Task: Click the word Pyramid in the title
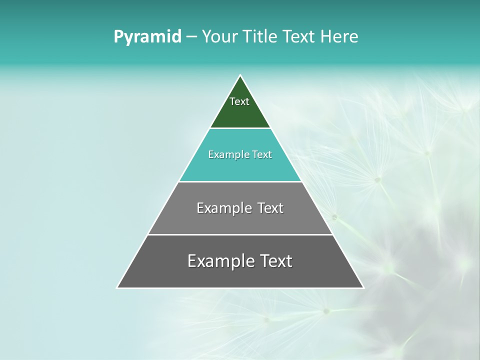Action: pyautogui.click(x=147, y=37)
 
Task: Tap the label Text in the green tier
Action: pyautogui.click(x=239, y=101)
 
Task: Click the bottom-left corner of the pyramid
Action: pyautogui.click(x=118, y=287)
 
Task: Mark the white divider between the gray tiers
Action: pyautogui.click(x=240, y=234)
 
